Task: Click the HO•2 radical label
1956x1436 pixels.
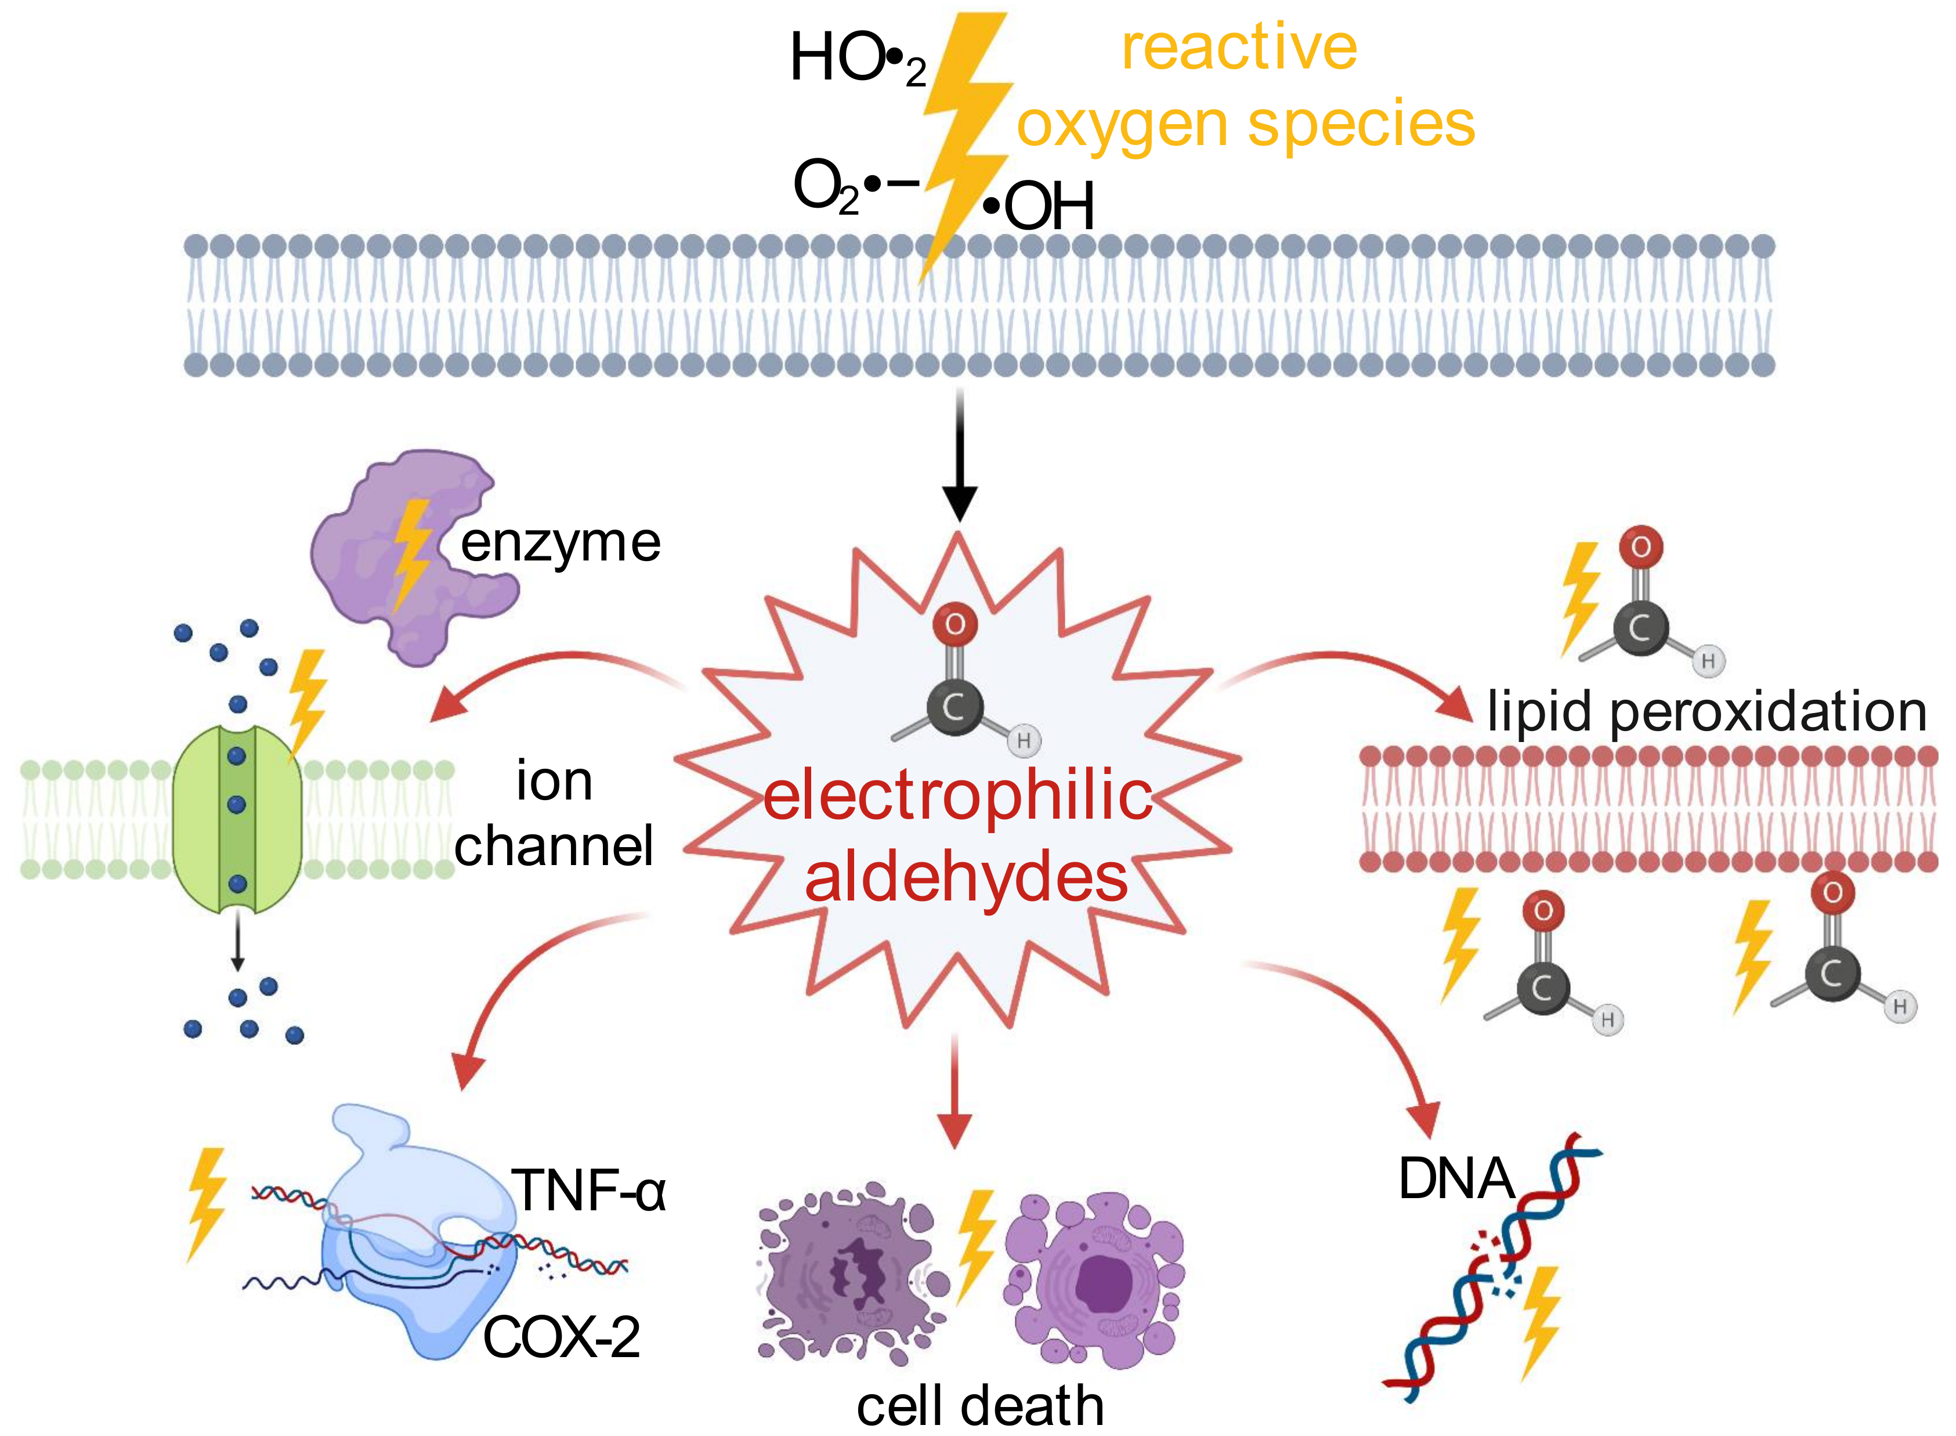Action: [x=856, y=59]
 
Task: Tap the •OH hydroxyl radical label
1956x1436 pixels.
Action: [x=1038, y=207]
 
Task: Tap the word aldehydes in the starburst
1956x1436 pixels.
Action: [x=965, y=878]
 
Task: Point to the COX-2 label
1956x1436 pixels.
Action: [x=561, y=1337]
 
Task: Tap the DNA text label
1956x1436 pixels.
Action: [x=1455, y=1180]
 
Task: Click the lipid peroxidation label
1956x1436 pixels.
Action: [x=1706, y=711]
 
